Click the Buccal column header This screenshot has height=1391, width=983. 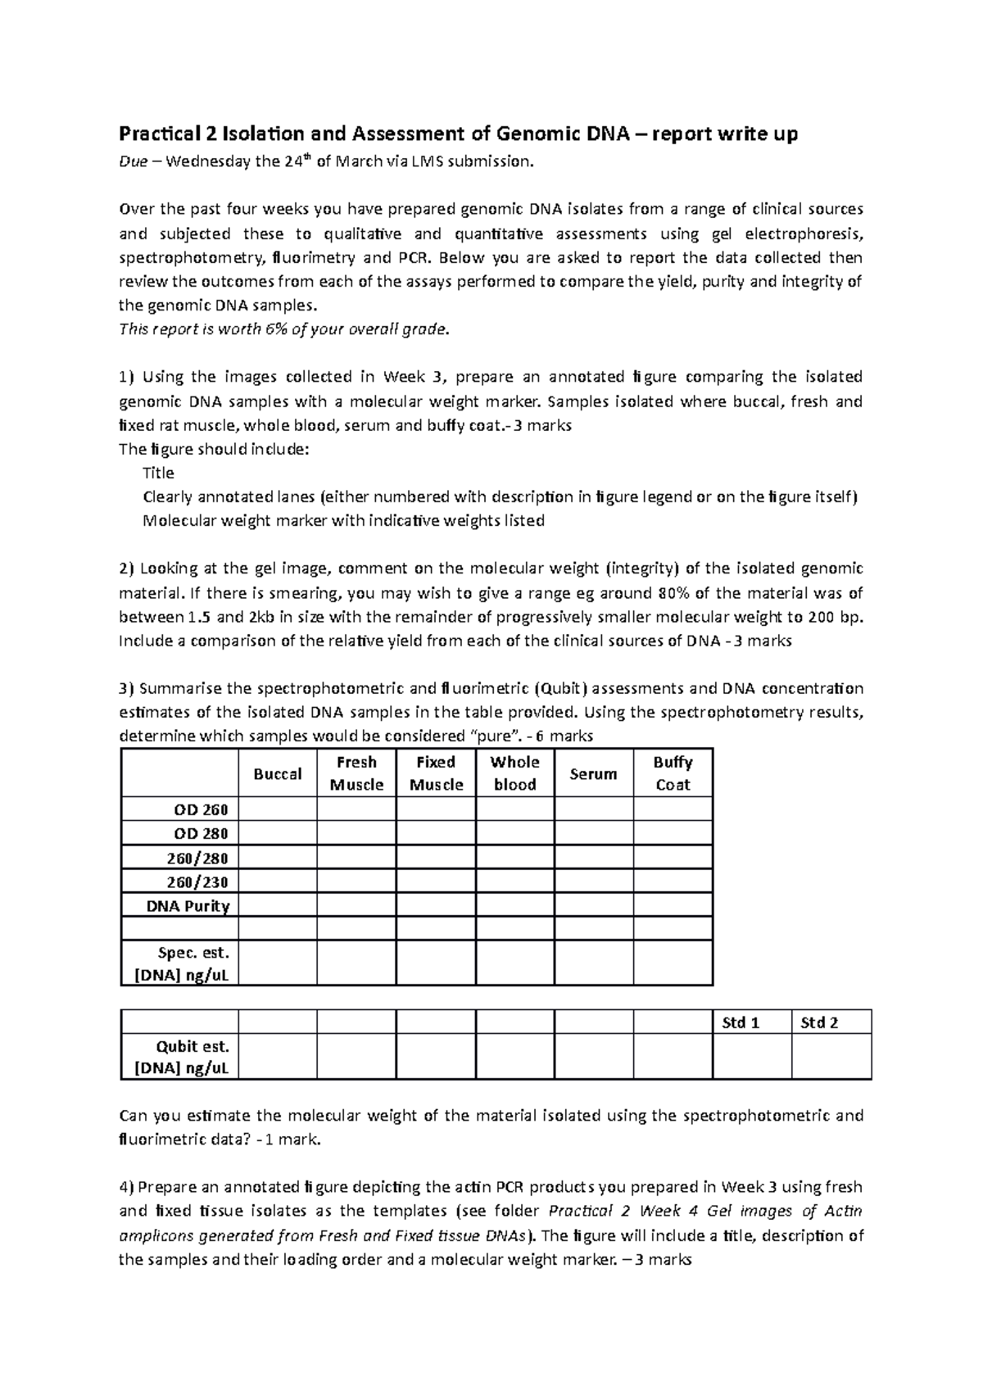pos(277,774)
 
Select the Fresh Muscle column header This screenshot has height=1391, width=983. pos(356,773)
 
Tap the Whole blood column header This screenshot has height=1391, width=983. pos(514,773)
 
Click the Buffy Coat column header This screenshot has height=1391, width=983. pos(673,773)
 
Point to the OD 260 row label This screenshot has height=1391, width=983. pos(201,810)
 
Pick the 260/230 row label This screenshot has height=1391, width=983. pos(201,882)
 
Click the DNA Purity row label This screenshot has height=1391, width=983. pos(188,906)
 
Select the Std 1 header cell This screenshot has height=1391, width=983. pos(741,1022)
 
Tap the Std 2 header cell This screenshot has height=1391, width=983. pos(819,1022)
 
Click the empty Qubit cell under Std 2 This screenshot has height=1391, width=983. pos(831,1057)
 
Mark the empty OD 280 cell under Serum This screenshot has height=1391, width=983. pos(594,834)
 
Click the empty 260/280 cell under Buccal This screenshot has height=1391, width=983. pos(277,858)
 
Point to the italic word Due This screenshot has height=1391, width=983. pos(133,161)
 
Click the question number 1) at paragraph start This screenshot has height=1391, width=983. pos(125,378)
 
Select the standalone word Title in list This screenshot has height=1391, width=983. pos(158,473)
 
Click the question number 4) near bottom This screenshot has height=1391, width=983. pos(125,1187)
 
